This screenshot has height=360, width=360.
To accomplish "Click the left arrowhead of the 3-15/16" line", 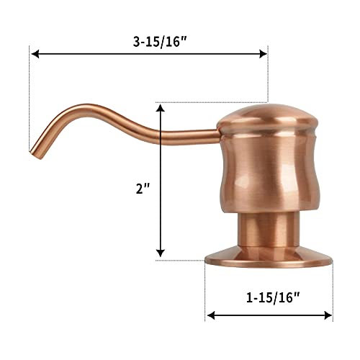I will click(35, 53).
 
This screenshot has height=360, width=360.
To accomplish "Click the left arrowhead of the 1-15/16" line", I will click(210, 315).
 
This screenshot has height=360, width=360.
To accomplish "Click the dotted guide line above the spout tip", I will click(30, 101).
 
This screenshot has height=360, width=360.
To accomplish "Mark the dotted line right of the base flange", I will click(333, 288).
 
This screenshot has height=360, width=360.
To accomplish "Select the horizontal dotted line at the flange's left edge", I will click(184, 259).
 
